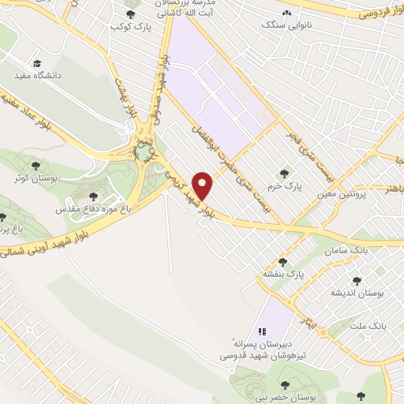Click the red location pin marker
[x=204, y=185]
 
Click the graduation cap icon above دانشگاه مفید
[x=36, y=63]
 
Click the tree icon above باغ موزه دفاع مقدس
[x=94, y=196]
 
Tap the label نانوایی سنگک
[x=294, y=26]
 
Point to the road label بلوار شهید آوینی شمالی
[x=47, y=244]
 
